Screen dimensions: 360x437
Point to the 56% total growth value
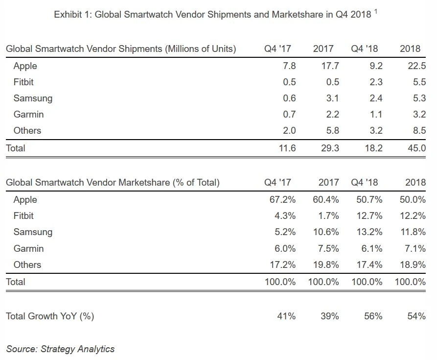[373, 316]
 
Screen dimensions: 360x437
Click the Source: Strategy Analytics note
[60, 349]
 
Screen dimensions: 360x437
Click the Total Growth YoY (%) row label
[50, 316]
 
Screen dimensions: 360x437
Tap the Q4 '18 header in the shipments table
[365, 48]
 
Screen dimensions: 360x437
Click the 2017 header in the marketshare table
[329, 183]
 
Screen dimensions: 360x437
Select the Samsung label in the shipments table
[33, 98]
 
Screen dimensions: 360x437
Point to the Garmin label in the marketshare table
[28, 248]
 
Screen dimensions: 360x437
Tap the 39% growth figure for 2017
[329, 316]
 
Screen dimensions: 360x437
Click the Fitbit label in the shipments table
[23, 82]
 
